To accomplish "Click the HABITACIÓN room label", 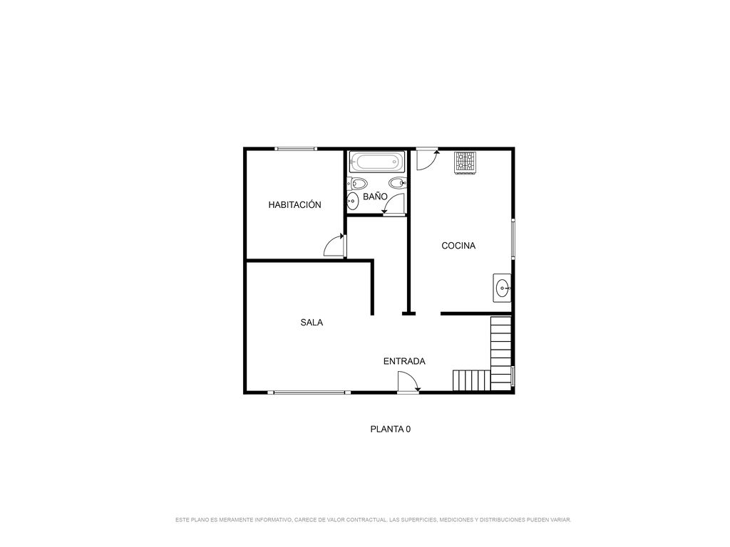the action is (x=294, y=204).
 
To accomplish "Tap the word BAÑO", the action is (x=375, y=197).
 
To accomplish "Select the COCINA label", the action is (x=458, y=246).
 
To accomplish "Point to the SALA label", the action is (x=312, y=323).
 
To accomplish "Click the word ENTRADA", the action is (x=404, y=361).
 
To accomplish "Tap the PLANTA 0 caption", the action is (x=390, y=429).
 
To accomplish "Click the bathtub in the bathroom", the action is (x=377, y=162).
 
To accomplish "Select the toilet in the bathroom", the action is (x=358, y=183).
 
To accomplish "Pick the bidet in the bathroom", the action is (x=398, y=183).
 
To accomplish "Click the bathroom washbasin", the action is (x=352, y=202).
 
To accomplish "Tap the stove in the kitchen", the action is (x=466, y=163).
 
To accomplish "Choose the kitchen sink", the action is (x=503, y=288).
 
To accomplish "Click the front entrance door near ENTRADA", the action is (x=409, y=382).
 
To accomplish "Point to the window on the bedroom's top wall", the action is (x=296, y=149).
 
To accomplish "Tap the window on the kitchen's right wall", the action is (x=513, y=239).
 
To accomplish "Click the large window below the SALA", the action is (x=309, y=392).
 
